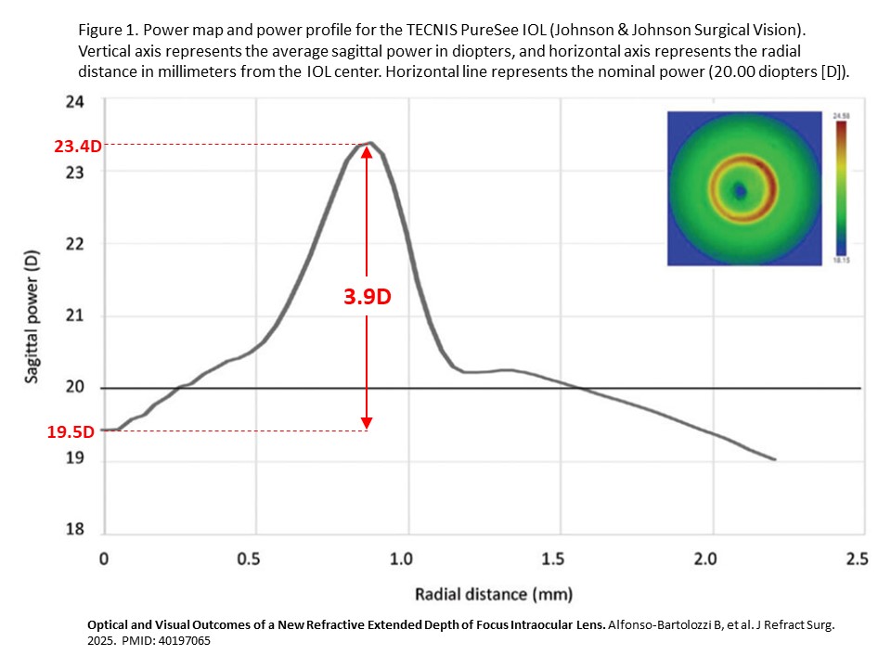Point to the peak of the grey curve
point(369,143)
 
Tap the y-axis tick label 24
point(76,101)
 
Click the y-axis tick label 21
point(76,315)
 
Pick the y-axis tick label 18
point(76,531)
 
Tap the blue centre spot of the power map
point(740,191)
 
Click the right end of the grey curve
point(775,459)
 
